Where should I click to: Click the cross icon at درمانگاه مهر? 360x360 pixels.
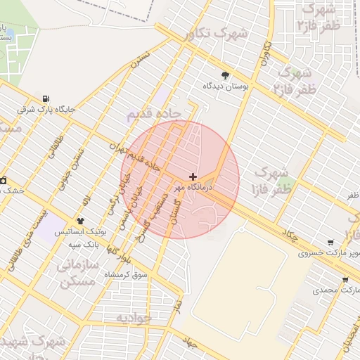coord(193,176)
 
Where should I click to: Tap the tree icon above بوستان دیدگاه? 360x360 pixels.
coord(225,75)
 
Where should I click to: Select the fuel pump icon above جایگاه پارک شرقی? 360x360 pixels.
coord(46,98)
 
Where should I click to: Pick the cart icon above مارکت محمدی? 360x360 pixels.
coord(345,279)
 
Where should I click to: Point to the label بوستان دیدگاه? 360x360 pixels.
coord(224,86)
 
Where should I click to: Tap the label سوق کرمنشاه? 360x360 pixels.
coord(127,275)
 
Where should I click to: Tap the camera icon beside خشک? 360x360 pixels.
coord(4,180)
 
